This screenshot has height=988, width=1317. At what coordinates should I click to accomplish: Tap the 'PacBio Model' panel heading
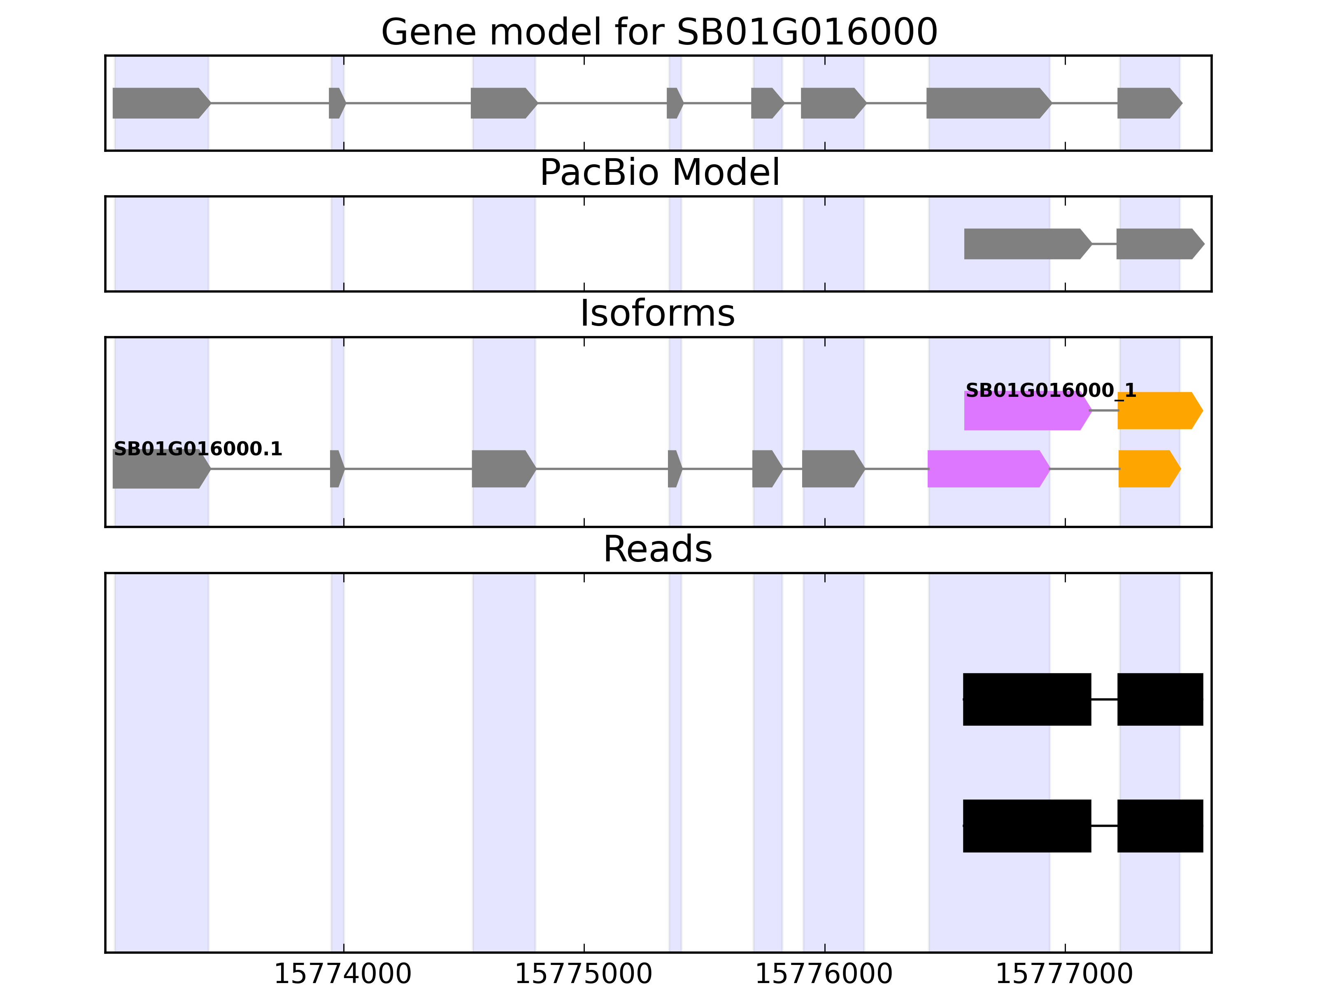click(x=658, y=173)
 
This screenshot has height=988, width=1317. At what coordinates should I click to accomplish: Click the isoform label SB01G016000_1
click(x=1050, y=391)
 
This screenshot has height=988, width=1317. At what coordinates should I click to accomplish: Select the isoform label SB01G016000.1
click(x=198, y=449)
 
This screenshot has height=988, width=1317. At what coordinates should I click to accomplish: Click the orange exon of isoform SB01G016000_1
click(x=1158, y=410)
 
